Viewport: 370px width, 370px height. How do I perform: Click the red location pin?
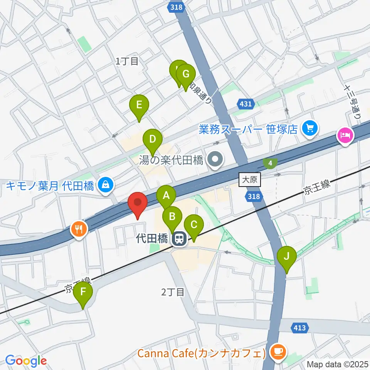tap(137, 204)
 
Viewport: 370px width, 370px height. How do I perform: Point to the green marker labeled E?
tap(139, 106)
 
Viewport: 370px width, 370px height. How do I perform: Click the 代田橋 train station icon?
tap(178, 239)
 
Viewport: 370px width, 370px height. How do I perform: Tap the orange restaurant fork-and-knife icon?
tap(79, 230)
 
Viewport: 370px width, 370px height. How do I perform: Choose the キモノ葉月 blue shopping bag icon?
tap(105, 185)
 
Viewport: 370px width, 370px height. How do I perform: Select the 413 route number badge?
tap(301, 328)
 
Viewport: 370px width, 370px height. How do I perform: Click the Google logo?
tap(26, 361)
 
